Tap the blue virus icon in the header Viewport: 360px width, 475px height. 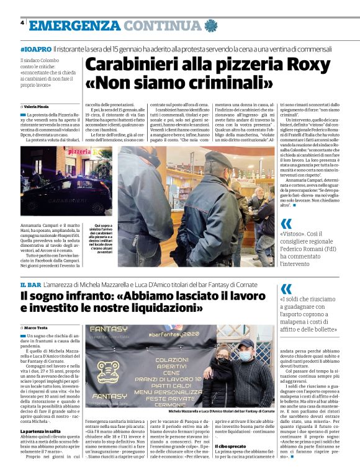[x=212, y=25]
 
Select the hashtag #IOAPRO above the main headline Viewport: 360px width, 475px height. [x=35, y=48]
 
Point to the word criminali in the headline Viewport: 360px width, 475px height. [x=223, y=82]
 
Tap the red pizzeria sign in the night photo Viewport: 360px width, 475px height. [x=79, y=152]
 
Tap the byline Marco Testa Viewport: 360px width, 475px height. [x=38, y=326]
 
